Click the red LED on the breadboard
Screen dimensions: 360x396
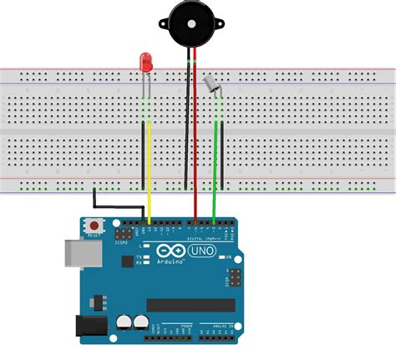pos(145,61)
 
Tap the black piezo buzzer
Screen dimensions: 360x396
pos(190,23)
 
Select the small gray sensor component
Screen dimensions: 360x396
pos(211,83)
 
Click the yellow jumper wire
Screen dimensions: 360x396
pos(149,167)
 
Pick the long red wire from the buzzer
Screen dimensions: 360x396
pos(195,142)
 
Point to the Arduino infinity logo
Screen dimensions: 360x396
pos(169,250)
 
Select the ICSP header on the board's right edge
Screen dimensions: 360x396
pos(235,278)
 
